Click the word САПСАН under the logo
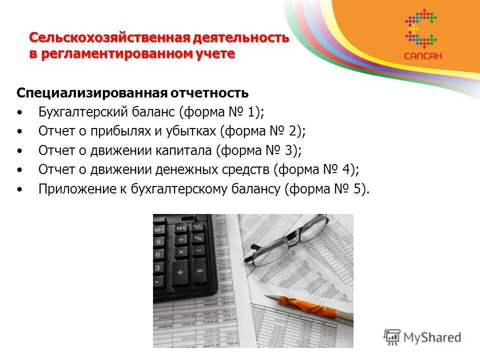pyautogui.click(x=423, y=56)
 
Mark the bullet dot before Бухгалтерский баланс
pyautogui.click(x=19, y=112)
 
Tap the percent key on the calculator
pyautogui.click(x=198, y=238)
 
